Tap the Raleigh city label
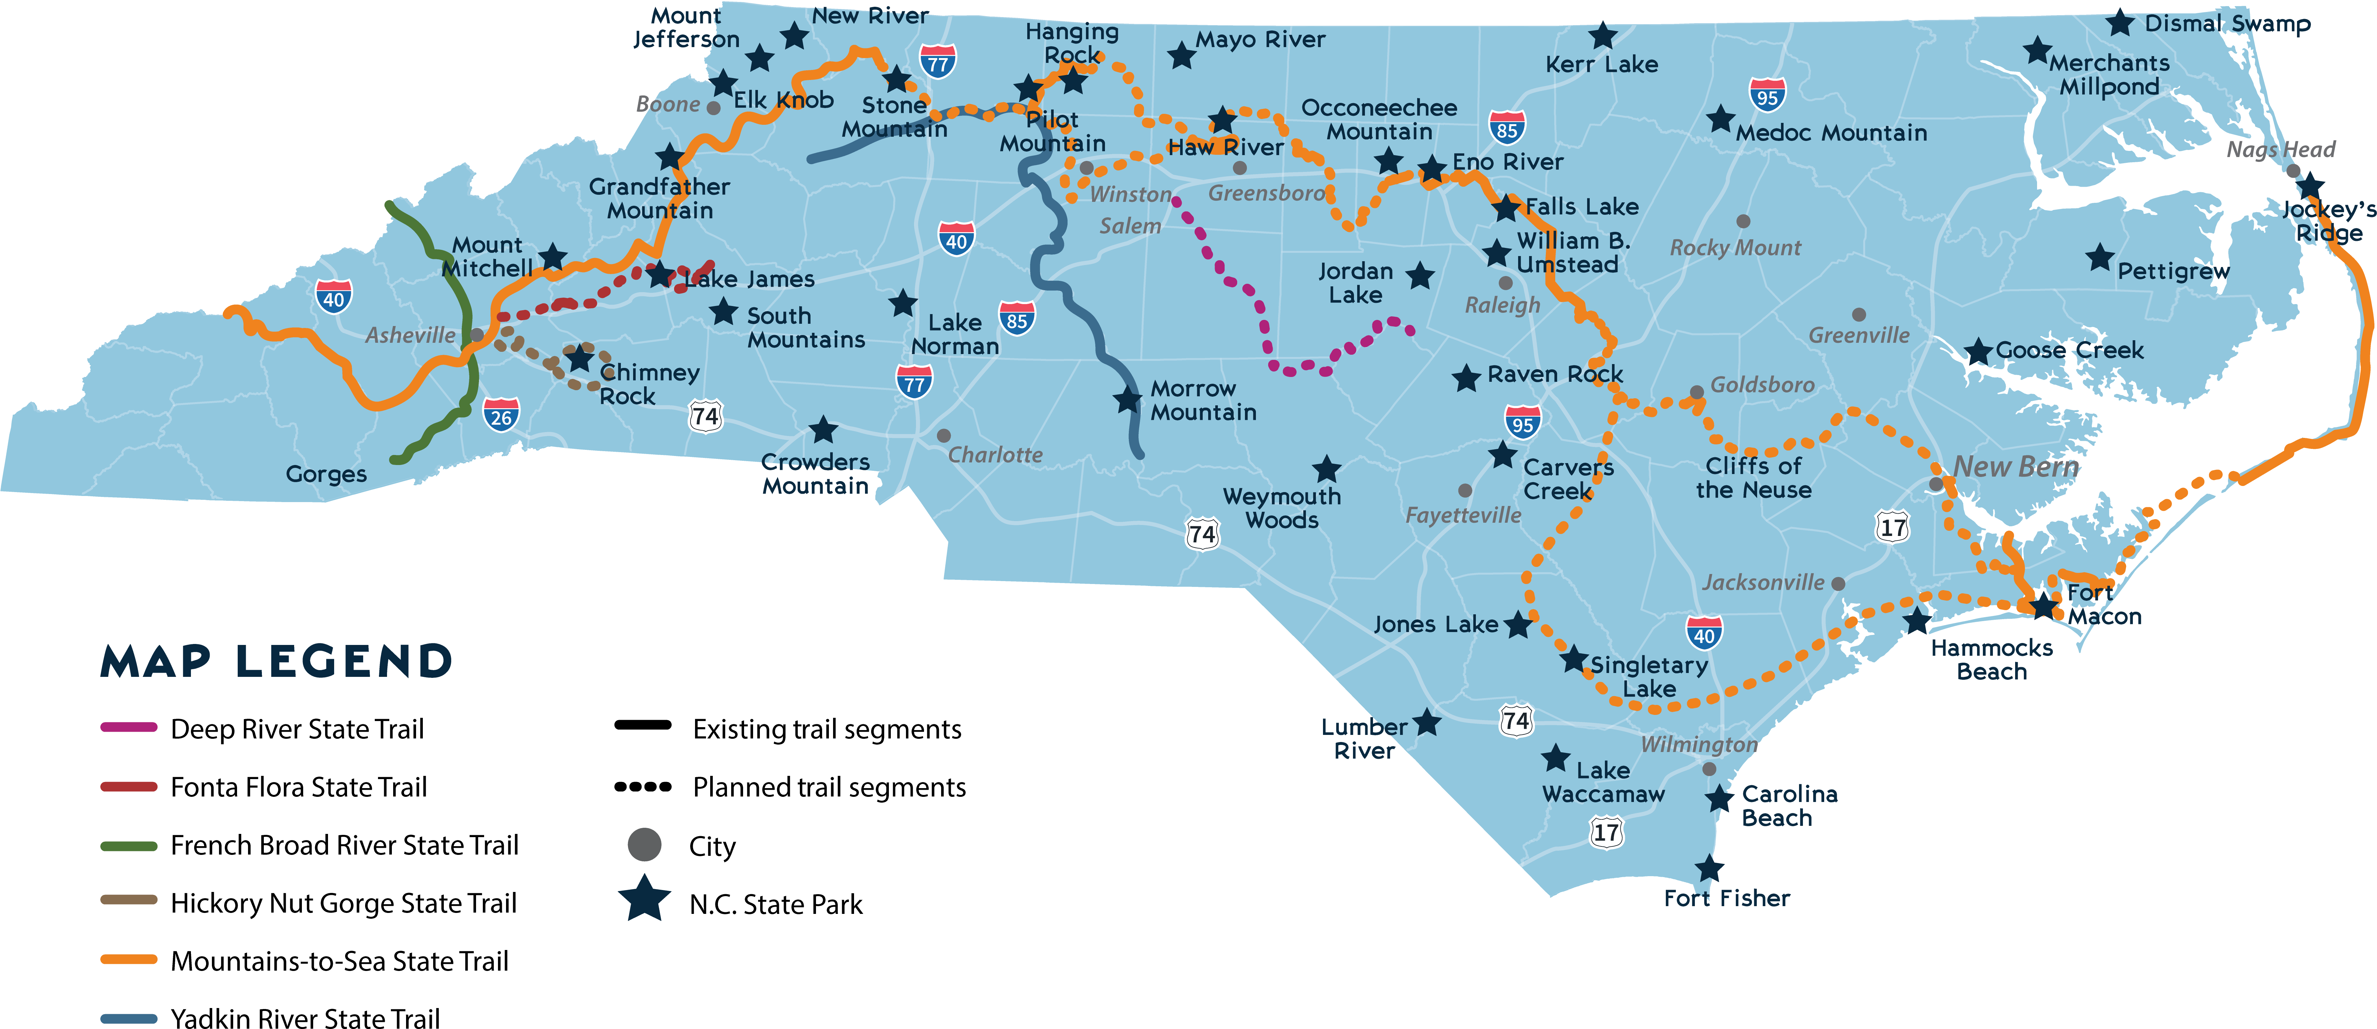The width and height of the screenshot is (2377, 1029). coord(1502,305)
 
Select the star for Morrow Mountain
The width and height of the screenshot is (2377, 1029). coord(1127,400)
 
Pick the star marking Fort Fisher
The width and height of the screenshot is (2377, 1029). coord(1709,868)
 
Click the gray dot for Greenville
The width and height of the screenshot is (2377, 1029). coord(1858,315)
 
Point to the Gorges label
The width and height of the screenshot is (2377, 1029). coord(326,474)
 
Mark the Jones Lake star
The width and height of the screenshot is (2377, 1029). coord(1517,625)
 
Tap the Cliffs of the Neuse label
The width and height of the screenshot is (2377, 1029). coord(1753,478)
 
